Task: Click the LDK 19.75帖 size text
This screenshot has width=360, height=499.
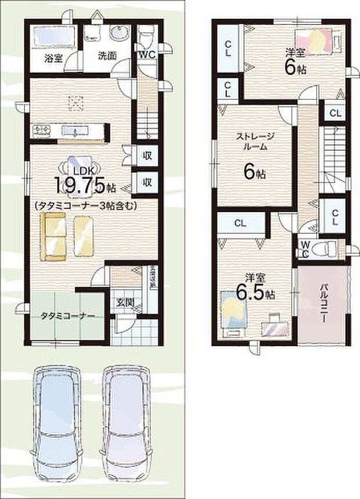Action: (85, 184)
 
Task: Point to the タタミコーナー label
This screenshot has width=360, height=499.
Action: (67, 316)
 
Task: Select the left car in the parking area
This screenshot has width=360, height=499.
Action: (54, 418)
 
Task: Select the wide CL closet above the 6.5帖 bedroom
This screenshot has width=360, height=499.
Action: (240, 223)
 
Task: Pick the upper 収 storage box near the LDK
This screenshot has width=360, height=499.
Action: (147, 155)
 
